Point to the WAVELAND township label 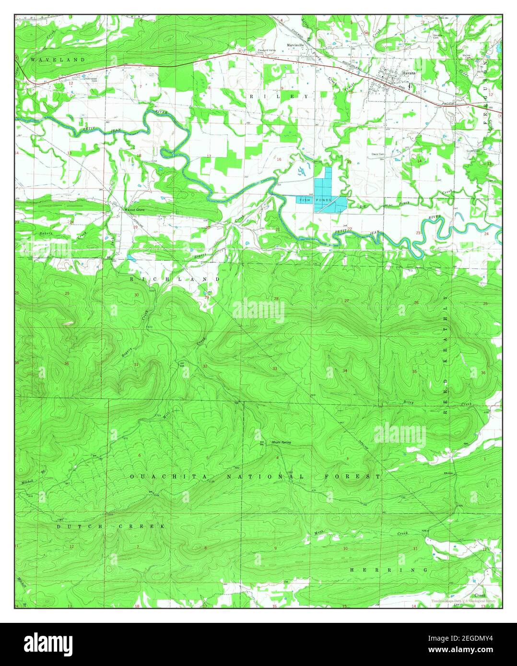(x=58, y=60)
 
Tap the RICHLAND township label (x=175, y=279)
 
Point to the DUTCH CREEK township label (x=111, y=526)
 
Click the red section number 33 (x=275, y=368)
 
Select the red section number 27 (x=347, y=301)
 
